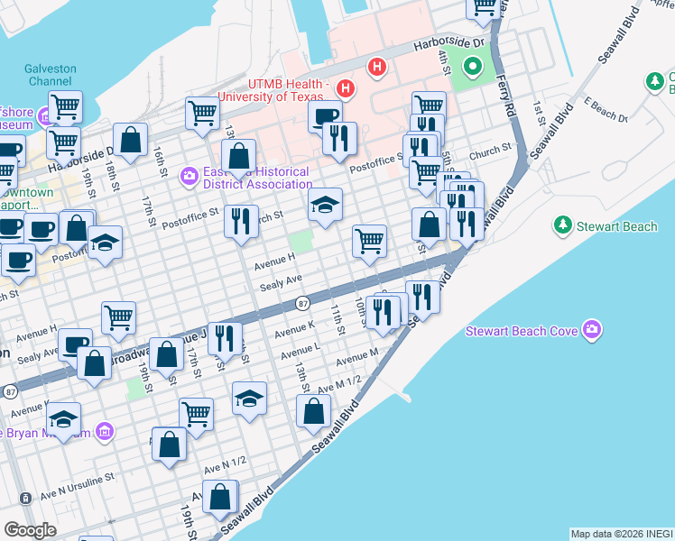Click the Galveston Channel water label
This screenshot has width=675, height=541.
[51, 75]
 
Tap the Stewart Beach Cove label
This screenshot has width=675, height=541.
[521, 331]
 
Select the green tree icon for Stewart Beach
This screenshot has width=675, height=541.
[563, 224]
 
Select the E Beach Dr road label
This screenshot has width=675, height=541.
[606, 109]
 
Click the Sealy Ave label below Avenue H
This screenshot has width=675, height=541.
[280, 283]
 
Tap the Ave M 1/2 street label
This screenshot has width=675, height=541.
[339, 382]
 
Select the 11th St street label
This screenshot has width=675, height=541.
[337, 317]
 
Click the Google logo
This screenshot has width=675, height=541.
[30, 530]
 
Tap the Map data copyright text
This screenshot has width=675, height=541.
[621, 534]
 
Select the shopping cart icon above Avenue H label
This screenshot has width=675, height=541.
[369, 241]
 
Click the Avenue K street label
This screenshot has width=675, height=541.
[295, 331]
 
